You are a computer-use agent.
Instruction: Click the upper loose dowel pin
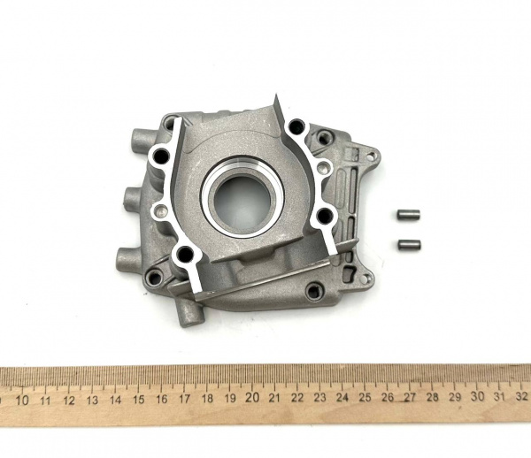click(408, 214)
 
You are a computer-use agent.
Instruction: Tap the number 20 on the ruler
click(252, 398)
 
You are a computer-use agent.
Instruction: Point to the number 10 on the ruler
click(22, 401)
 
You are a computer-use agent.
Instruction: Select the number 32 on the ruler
click(521, 396)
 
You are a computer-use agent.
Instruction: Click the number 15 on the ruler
click(138, 399)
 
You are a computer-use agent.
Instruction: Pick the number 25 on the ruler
click(365, 397)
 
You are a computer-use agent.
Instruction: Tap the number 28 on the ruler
click(433, 397)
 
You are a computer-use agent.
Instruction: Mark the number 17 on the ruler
click(184, 399)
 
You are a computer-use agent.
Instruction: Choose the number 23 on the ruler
click(319, 398)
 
